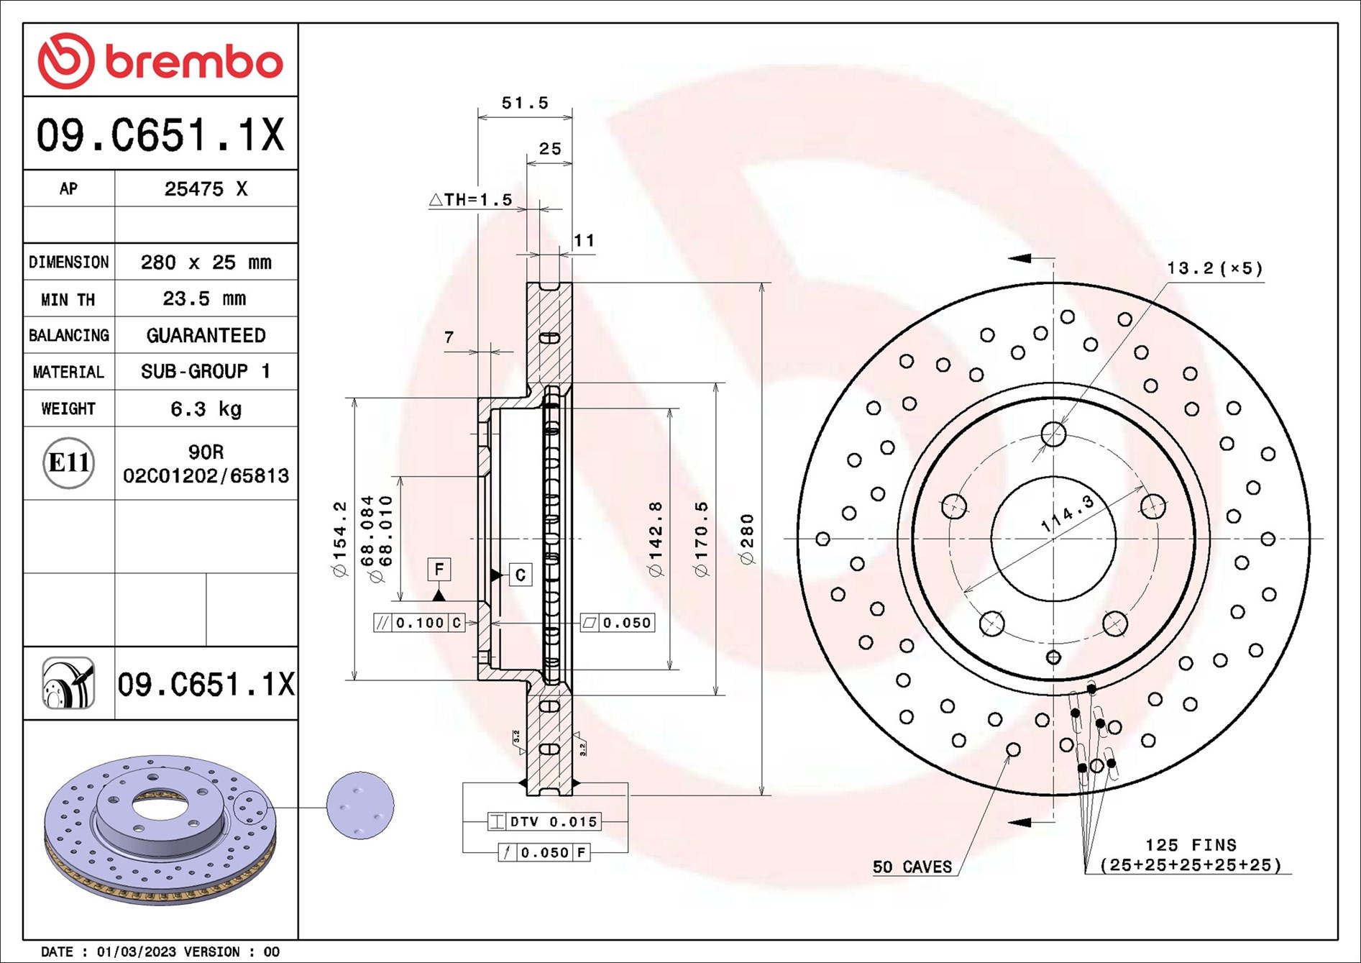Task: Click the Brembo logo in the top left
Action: pyautogui.click(x=160, y=61)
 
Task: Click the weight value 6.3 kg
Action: pyautogui.click(x=206, y=409)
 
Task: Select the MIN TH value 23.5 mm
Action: pyautogui.click(x=204, y=298)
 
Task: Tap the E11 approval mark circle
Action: pyautogui.click(x=68, y=462)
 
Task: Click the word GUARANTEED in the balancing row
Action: pyautogui.click(x=206, y=335)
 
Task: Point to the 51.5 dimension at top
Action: pyautogui.click(x=525, y=104)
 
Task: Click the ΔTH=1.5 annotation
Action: pyautogui.click(x=471, y=200)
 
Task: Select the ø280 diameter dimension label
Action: pyautogui.click(x=747, y=539)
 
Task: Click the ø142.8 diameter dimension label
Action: pyautogui.click(x=655, y=539)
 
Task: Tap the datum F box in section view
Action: pyautogui.click(x=439, y=570)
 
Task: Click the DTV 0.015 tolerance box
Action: pyautogui.click(x=544, y=821)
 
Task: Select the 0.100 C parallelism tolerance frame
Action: pyautogui.click(x=420, y=623)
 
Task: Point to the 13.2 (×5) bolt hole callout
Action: pyautogui.click(x=1214, y=269)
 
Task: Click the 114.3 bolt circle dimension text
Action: pyautogui.click(x=1068, y=514)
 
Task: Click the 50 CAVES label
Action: pyautogui.click(x=912, y=867)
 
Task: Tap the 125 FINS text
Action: pyautogui.click(x=1191, y=845)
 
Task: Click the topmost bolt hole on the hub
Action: pyautogui.click(x=1053, y=434)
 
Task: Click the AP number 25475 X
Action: pyautogui.click(x=206, y=189)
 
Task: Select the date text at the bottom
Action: pyautogui.click(x=160, y=951)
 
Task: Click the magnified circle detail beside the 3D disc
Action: pyautogui.click(x=360, y=805)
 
